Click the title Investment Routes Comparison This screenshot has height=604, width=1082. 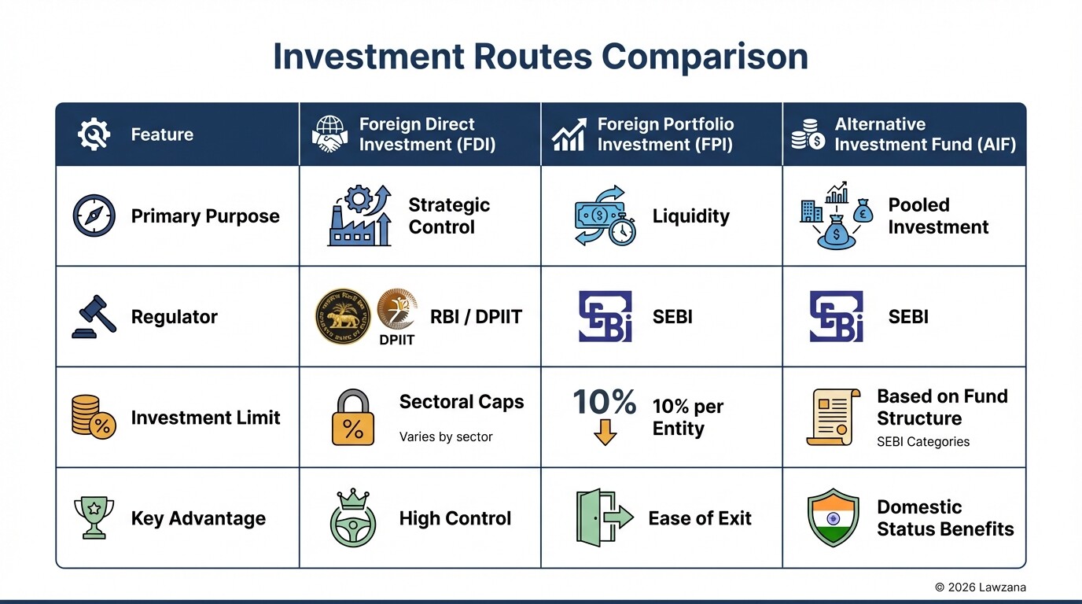pyautogui.click(x=540, y=57)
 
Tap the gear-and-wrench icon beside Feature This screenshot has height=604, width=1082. pyautogui.click(x=94, y=134)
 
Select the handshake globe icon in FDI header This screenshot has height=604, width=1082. pyautogui.click(x=329, y=134)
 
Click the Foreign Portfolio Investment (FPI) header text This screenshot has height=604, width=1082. pyautogui.click(x=665, y=134)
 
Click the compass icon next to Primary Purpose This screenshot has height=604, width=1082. pyautogui.click(x=94, y=216)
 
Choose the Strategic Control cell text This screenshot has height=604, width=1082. pyautogui.click(x=448, y=216)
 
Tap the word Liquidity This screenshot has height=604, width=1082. pyautogui.click(x=690, y=216)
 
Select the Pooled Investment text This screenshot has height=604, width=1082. pyautogui.click(x=937, y=216)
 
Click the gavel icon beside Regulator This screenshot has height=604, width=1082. pyautogui.click(x=94, y=316)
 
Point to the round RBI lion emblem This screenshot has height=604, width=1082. pyautogui.click(x=343, y=316)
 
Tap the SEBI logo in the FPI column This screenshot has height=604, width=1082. pyautogui.click(x=605, y=316)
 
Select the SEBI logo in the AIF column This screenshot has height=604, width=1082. pyautogui.click(x=836, y=316)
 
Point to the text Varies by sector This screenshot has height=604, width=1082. pyautogui.click(x=445, y=437)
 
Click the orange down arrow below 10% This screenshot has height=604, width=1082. pyautogui.click(x=604, y=433)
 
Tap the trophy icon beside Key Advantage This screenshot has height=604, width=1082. pyautogui.click(x=94, y=517)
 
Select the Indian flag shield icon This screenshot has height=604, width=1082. pyautogui.click(x=833, y=517)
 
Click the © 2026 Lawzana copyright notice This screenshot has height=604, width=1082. pyautogui.click(x=980, y=587)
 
